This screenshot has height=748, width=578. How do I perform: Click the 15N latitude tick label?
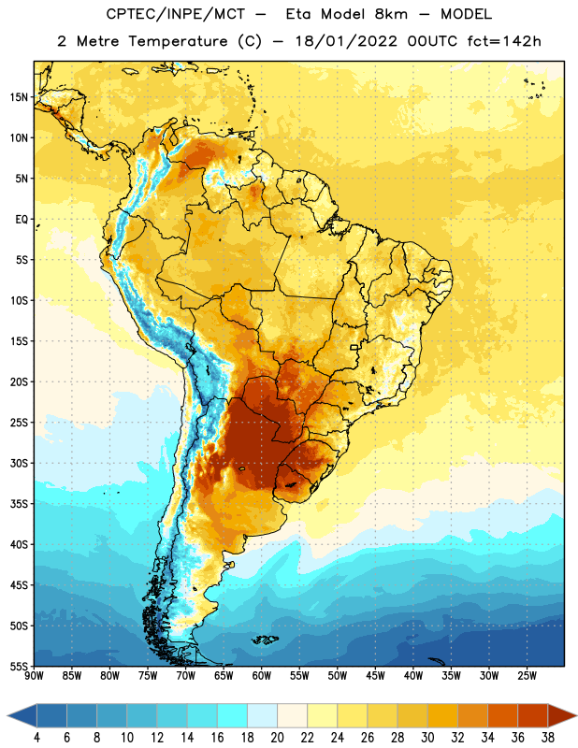(x=19, y=97)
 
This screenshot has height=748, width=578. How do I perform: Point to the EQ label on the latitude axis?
(x=22, y=220)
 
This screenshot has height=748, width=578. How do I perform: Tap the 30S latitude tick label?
(x=19, y=463)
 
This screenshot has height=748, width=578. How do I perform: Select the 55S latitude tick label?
(x=19, y=667)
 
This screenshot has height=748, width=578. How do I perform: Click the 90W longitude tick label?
(x=34, y=676)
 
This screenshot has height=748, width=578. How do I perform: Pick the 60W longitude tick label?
(x=262, y=676)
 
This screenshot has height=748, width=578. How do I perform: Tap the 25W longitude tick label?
(x=527, y=676)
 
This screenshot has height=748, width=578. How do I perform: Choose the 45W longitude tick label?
(x=376, y=676)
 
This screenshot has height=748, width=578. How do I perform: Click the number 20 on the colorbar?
(x=277, y=738)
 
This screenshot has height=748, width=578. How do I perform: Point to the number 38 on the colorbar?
(x=548, y=738)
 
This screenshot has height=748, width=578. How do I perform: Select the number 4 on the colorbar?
(x=36, y=738)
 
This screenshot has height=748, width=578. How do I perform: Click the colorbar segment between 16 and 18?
(x=233, y=715)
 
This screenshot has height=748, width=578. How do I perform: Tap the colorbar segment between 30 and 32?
(x=443, y=715)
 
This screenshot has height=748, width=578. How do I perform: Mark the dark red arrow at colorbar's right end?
(x=559, y=715)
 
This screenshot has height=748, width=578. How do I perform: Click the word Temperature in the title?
(x=178, y=41)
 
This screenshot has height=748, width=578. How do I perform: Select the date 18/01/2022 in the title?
(x=346, y=41)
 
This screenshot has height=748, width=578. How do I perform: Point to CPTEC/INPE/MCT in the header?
(x=176, y=15)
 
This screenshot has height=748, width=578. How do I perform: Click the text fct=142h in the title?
(x=504, y=41)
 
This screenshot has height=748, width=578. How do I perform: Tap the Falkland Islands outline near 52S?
(x=266, y=640)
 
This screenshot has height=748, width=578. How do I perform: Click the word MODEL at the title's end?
(x=466, y=14)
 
